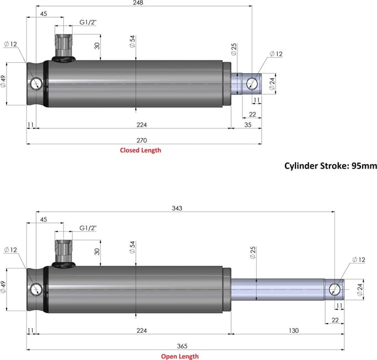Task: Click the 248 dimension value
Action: pyautogui.click(x=138, y=3)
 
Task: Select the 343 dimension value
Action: pyautogui.click(x=177, y=208)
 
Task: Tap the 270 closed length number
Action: pyautogui.click(x=141, y=140)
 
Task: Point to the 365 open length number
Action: pyautogui.click(x=182, y=346)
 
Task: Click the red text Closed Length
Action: pyautogui.click(x=140, y=150)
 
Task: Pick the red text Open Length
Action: pyautogui.click(x=180, y=356)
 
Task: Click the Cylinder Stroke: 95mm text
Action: pyautogui.click(x=330, y=166)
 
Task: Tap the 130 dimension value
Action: pyautogui.click(x=294, y=331)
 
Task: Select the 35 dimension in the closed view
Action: pyautogui.click(x=248, y=125)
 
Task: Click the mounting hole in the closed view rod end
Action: pyautogui.click(x=252, y=84)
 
